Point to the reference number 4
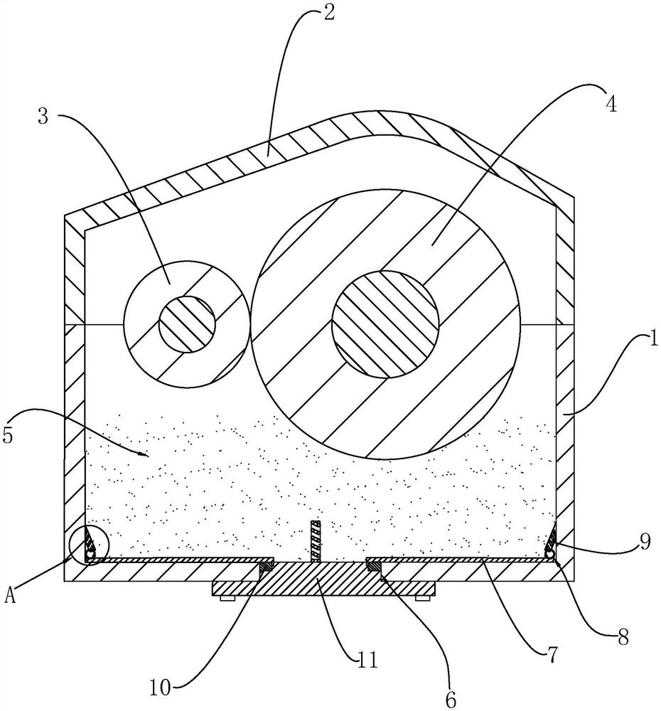tap(609, 103)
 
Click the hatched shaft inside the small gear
tap(186, 324)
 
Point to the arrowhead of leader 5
tap(149, 454)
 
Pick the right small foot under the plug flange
tap(422, 599)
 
